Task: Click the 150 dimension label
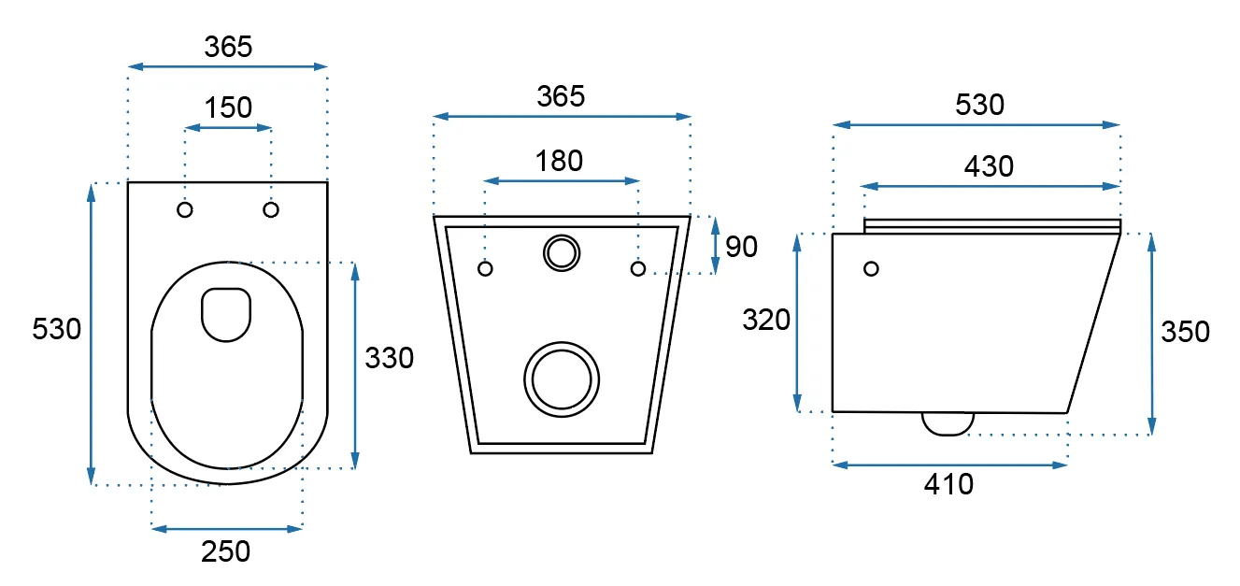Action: point(229,107)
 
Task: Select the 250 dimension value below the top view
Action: point(226,551)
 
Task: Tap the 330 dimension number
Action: point(389,357)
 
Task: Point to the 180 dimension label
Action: point(560,161)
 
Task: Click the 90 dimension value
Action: point(741,247)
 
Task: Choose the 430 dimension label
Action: point(989,166)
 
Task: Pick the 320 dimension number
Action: point(766,320)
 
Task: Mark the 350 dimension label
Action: point(1185,332)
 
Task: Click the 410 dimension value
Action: point(948,484)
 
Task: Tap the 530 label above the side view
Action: point(979,105)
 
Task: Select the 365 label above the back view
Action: point(561,96)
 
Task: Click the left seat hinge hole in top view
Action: point(185,209)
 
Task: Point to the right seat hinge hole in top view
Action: point(271,209)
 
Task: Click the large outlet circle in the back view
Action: point(562,378)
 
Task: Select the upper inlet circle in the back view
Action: point(561,251)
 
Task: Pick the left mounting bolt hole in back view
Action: point(485,269)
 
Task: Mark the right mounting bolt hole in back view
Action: point(638,269)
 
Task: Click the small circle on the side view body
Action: point(872,269)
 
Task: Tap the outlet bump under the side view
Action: point(948,423)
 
